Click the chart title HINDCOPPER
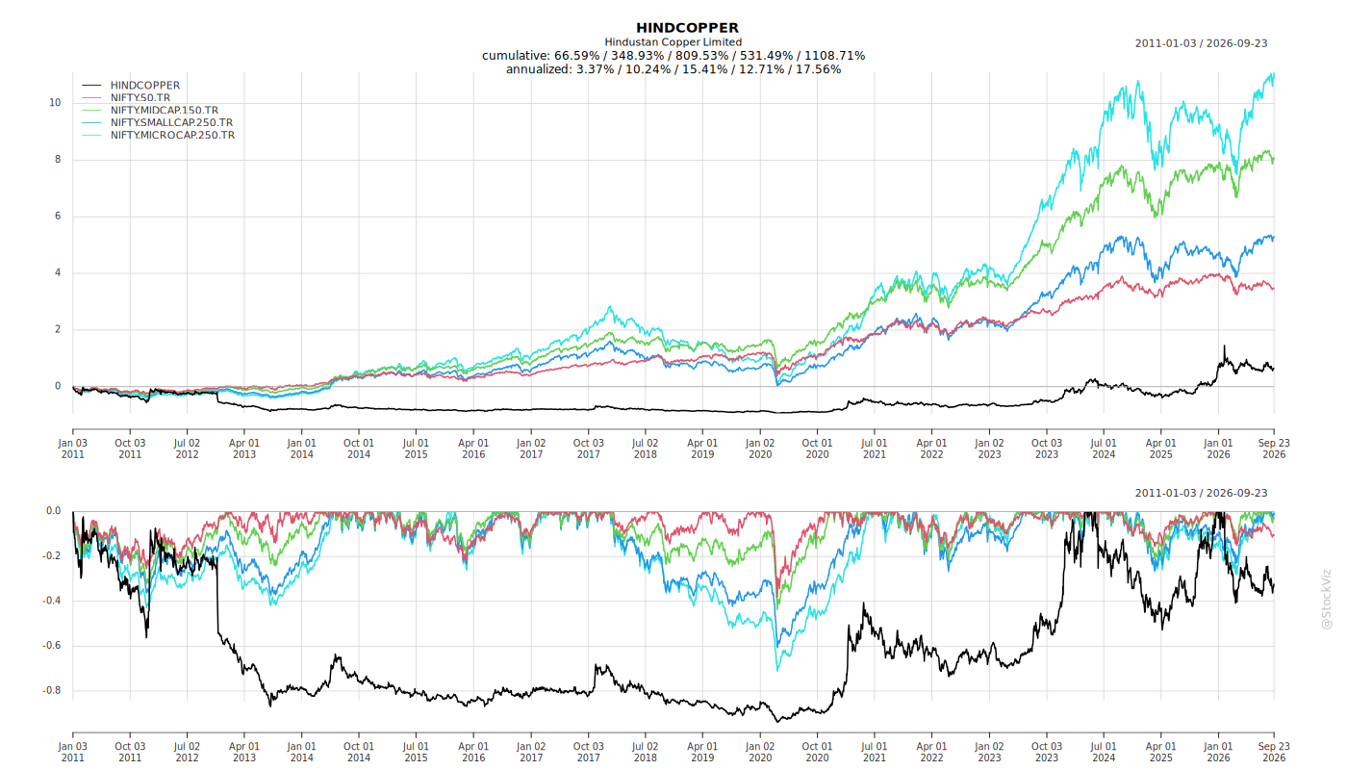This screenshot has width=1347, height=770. coord(687,28)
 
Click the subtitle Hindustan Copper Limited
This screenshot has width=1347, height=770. coord(673,42)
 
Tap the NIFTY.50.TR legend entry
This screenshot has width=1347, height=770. coord(140,97)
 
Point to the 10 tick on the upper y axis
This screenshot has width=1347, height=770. coord(55,103)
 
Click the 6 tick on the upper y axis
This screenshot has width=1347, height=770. coord(58,216)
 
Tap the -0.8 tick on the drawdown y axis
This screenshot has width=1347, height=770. coord(52,691)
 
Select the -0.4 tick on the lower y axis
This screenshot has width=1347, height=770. coord(52,601)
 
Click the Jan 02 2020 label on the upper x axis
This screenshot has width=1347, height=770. coord(760,449)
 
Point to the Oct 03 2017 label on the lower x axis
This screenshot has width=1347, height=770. coord(588,752)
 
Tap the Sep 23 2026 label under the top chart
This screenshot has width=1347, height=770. coord(1274,449)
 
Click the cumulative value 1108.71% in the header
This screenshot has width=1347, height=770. coord(835,56)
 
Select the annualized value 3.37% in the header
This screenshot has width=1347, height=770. coord(596,69)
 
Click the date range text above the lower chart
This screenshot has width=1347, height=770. coord(1201,493)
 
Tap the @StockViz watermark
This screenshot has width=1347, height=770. coord(1326,599)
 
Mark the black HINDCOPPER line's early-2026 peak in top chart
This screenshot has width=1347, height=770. coord(1224,346)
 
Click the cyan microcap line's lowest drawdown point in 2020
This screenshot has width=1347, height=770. coord(777,670)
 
